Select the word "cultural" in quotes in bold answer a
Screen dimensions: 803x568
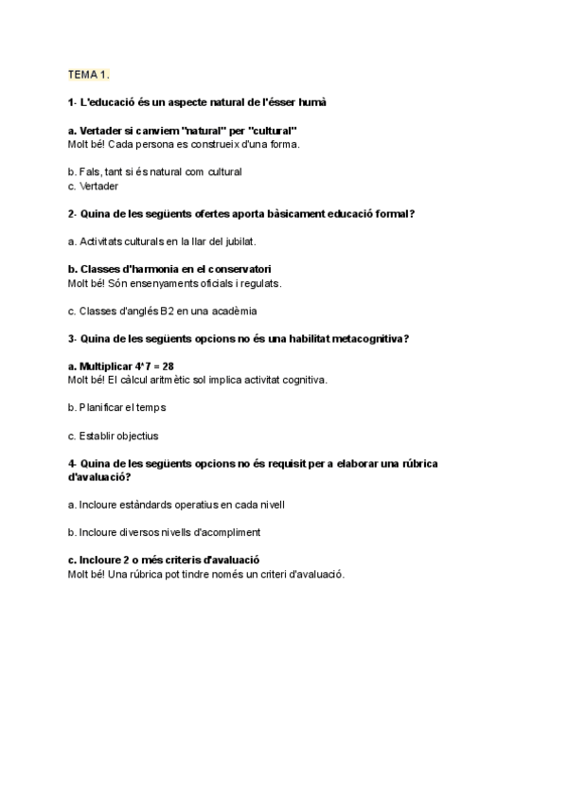coord(273,130)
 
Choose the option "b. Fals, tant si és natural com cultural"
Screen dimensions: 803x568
coord(155,172)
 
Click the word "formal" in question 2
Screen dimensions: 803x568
coord(390,214)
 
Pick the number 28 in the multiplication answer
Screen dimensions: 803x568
coord(169,366)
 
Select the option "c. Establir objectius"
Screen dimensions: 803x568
coord(114,436)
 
